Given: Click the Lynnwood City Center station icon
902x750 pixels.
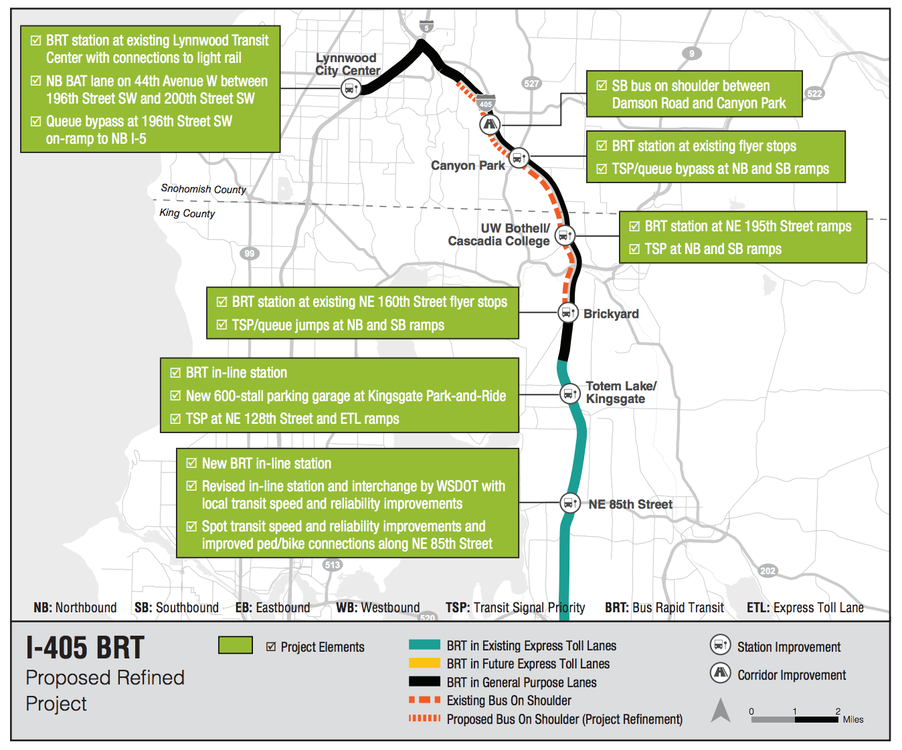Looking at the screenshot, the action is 351,88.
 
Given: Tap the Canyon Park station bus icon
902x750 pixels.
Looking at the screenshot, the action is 518,158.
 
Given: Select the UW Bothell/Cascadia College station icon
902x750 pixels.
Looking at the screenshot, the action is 565,236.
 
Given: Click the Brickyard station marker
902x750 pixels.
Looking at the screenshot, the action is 568,312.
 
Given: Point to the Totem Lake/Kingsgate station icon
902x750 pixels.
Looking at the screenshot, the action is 569,394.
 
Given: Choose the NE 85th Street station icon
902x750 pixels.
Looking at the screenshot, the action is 569,503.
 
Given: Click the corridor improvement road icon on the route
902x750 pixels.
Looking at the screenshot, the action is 490,124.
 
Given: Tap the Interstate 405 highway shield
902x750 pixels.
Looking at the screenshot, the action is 486,103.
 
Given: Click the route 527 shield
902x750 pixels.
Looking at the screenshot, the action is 531,84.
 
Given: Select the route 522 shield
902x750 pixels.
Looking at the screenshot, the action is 814,94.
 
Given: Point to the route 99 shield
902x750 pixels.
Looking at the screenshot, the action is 250,253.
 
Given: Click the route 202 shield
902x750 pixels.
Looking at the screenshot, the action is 768,570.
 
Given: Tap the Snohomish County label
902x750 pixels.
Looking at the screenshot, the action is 203,189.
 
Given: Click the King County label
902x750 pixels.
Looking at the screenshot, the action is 187,213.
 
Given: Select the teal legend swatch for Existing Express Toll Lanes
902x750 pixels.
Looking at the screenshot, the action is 424,645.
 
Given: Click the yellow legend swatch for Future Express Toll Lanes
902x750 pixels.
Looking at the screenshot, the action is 424,663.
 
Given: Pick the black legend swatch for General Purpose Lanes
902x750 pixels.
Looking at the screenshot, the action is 424,682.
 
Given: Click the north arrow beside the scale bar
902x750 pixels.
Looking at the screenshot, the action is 721,710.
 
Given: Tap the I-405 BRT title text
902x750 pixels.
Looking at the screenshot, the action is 86,648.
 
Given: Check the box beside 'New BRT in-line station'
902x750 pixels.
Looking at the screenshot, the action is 191,463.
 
